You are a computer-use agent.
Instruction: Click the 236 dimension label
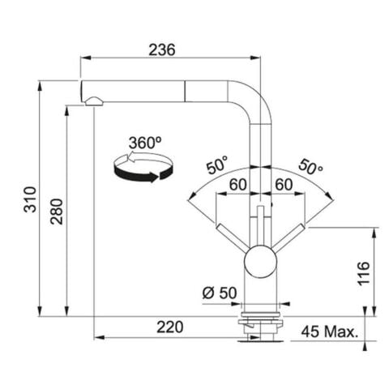[162, 50]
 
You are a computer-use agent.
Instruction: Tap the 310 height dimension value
[30, 199]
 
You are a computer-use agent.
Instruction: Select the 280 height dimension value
[57, 212]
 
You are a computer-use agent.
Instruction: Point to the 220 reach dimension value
[170, 327]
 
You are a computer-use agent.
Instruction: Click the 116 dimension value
[364, 273]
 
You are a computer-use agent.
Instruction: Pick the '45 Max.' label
[330, 331]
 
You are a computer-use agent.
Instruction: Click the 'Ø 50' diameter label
[220, 293]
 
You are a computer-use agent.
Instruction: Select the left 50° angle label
[217, 165]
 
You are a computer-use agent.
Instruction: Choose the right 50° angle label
[310, 167]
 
